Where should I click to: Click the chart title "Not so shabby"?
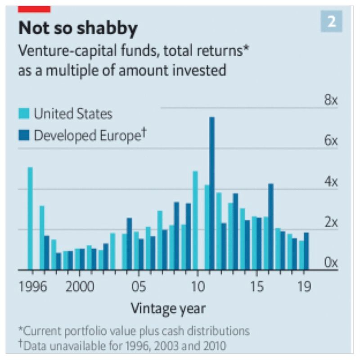(78, 28)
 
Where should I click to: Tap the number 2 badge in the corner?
(331, 21)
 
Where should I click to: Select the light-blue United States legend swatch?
(25, 113)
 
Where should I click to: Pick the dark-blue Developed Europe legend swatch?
(25, 135)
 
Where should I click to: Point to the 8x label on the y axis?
(331, 100)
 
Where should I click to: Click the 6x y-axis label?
(331, 141)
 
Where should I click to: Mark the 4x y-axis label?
(331, 182)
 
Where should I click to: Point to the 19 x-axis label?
(305, 287)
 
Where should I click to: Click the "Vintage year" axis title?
(168, 309)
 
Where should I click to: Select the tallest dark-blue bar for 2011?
(212, 193)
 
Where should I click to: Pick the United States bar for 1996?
(30, 218)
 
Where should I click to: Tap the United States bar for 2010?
(195, 220)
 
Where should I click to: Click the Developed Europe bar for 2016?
(270, 227)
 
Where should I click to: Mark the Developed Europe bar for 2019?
(306, 251)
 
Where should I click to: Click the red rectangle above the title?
(34, 9)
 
